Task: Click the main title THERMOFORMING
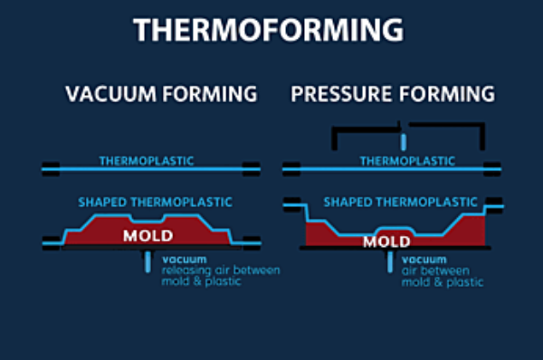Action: coord(268,30)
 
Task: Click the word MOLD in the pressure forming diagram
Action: coord(387,242)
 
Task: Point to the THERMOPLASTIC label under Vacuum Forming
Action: coord(148,161)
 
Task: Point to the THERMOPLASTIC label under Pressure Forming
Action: coord(407,161)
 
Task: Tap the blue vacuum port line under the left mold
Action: coord(146,261)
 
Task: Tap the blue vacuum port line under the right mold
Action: coord(390,263)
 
